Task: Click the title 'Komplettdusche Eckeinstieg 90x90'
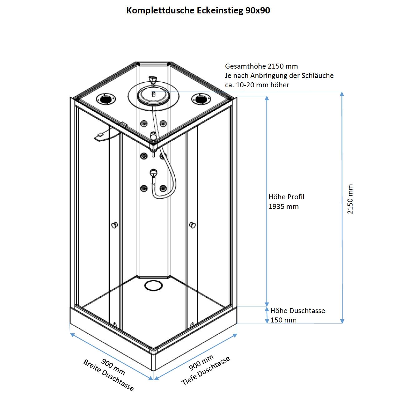(x=198, y=11)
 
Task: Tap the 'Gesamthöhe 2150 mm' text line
(x=261, y=66)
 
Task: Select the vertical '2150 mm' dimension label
(x=351, y=199)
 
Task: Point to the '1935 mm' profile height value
(x=283, y=206)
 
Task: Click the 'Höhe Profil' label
(x=286, y=197)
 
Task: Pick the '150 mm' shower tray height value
(x=283, y=320)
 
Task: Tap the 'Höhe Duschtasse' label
(x=298, y=311)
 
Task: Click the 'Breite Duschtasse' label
(x=109, y=375)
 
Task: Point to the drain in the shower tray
(x=153, y=285)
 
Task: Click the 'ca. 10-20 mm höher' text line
(x=257, y=85)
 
